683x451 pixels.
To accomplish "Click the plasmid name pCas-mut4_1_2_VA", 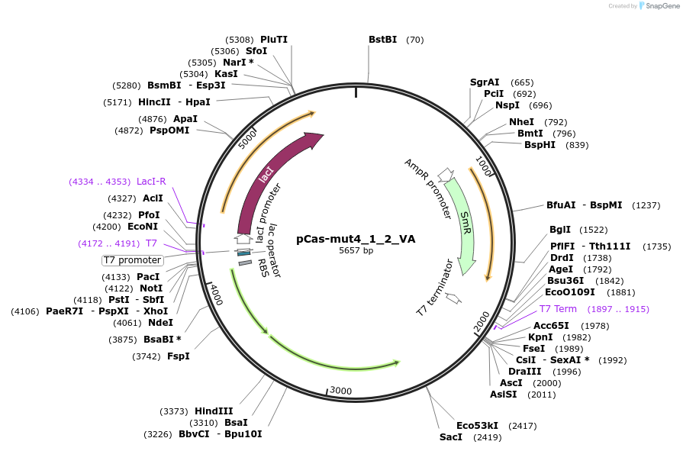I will (356, 239).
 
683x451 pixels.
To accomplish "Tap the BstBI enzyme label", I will (383, 40).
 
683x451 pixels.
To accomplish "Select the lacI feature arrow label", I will (266, 175).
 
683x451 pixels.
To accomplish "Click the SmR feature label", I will (465, 223).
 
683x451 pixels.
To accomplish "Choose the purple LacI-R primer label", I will (151, 182).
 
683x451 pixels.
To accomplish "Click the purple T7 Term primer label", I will (558, 309).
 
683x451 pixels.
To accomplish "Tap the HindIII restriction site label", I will (214, 411).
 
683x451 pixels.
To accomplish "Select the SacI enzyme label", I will (450, 437).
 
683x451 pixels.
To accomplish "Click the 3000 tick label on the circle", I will (341, 391).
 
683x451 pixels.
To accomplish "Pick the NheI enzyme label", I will (521, 122).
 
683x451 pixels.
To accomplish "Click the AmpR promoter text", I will (427, 188).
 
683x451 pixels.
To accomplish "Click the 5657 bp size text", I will (356, 250).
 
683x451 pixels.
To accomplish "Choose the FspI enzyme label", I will (178, 356).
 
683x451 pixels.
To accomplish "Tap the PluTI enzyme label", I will (274, 40).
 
